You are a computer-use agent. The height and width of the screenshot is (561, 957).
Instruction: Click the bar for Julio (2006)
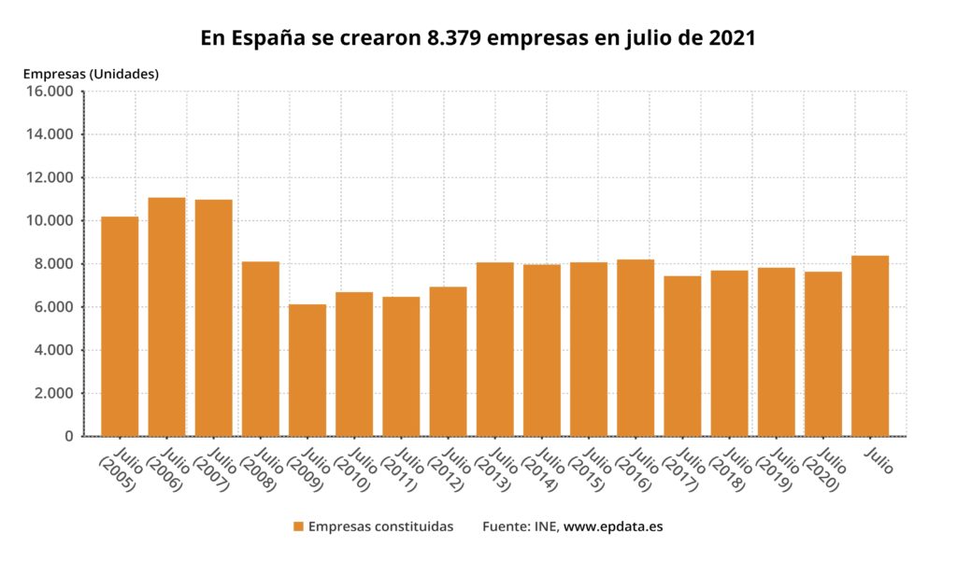[x=166, y=316]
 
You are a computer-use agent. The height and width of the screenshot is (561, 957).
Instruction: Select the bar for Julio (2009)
[x=307, y=370]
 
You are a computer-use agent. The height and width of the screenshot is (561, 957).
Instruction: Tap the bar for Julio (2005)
[x=120, y=326]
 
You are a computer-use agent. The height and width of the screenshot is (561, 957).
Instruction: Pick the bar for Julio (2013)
[x=495, y=349]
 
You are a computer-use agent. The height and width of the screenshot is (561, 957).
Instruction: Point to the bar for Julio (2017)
[x=682, y=356]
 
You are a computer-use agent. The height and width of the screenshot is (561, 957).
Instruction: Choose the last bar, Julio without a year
[x=870, y=345]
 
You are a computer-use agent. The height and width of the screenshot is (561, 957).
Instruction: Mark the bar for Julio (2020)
[x=823, y=354]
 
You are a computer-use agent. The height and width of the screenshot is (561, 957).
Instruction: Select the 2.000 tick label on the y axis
[x=51, y=393]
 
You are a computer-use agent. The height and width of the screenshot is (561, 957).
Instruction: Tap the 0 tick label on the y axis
[x=67, y=436]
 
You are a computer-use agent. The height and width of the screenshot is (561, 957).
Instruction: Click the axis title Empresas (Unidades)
[x=91, y=73]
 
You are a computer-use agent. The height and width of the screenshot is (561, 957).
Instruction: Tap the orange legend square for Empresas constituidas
[x=298, y=526]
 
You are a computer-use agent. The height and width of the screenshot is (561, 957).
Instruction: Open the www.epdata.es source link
[x=613, y=526]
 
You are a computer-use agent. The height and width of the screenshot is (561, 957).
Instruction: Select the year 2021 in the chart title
[x=730, y=38]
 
